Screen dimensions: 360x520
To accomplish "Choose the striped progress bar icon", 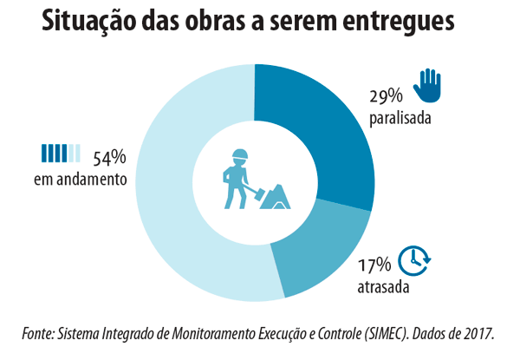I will [62, 154].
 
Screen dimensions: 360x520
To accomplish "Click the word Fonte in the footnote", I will [42, 334].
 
